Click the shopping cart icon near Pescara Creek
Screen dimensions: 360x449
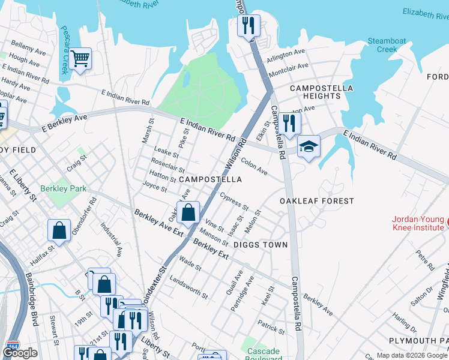tap(80, 59)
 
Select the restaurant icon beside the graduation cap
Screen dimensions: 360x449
tap(289, 124)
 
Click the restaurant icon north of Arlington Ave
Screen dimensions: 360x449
tap(249, 26)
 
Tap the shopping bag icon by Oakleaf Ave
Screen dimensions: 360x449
tap(188, 212)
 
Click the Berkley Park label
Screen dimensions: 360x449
tap(64, 188)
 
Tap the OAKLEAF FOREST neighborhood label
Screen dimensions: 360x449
tap(316, 201)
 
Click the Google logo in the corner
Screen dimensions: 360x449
tap(20, 353)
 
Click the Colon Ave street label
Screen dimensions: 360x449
tap(254, 166)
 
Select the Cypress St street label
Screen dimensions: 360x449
tap(234, 202)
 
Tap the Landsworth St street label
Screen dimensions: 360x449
tap(189, 287)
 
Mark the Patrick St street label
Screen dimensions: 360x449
tap(271, 327)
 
